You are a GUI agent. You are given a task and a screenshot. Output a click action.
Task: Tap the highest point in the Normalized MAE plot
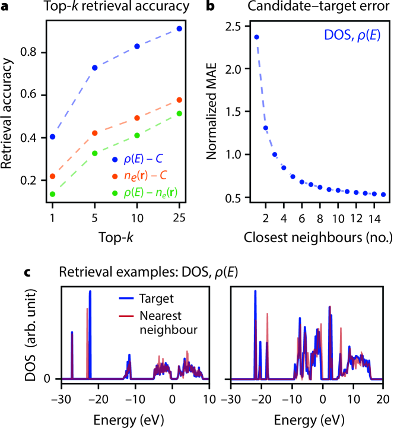[257, 37]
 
